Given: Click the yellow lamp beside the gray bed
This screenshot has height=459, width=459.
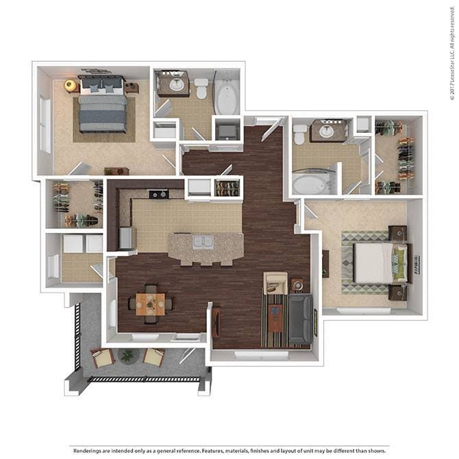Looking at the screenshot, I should coord(70,85).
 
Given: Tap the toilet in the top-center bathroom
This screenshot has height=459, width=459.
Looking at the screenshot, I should coord(201,87).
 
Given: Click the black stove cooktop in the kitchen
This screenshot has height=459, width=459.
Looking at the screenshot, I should coord(159,194).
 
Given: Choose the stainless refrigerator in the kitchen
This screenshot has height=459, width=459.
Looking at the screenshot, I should coord(127,238).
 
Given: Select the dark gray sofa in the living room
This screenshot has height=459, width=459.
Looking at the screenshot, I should coord(299,319).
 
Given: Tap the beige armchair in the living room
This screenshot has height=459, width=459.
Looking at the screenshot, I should coord(275,282).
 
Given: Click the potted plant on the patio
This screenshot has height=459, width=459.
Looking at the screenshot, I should coord(127,356).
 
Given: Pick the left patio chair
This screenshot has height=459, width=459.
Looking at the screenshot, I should coord(102,358).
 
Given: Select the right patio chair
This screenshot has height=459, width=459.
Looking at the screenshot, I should coord(153,357).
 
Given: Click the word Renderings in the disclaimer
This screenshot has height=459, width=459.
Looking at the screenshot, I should coord(89,450).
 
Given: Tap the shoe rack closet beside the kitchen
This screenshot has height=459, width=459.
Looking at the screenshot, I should coord(227,188).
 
